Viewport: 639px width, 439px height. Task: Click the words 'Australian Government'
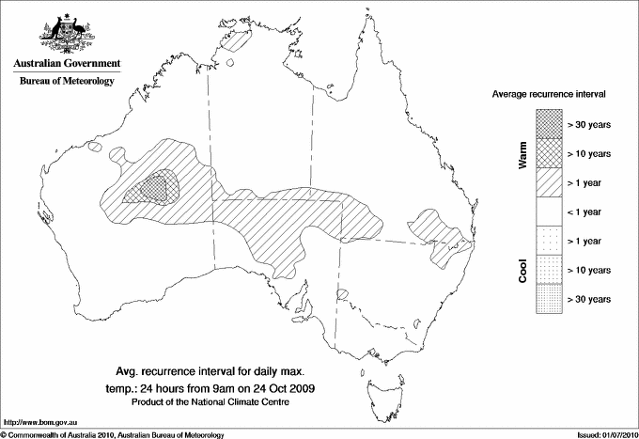(66, 64)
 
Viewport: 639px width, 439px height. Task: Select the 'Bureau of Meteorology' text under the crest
(66, 82)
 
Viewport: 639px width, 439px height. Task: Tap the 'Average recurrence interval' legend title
(550, 95)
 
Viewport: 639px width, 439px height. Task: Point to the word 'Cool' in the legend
(522, 269)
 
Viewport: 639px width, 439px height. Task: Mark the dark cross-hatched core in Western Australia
(156, 186)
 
